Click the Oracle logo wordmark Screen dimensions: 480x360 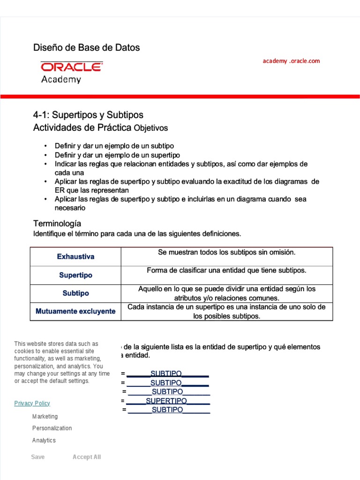72,67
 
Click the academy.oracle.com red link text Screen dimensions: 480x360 291,61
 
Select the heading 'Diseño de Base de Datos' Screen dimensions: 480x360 86,47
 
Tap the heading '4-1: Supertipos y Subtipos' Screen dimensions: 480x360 88,115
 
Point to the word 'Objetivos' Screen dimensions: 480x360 150,128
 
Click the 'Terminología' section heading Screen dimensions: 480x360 57,223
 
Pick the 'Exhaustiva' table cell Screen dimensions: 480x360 75,256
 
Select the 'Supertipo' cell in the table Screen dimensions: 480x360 75,275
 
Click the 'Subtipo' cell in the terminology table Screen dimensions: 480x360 75,293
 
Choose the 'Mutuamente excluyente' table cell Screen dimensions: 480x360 75,311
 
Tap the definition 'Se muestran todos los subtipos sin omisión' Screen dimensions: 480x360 227,252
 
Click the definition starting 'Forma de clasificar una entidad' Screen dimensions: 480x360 227,270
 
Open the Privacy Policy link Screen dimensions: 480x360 32,403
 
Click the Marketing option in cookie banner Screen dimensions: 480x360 45,416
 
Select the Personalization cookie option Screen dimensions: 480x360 52,428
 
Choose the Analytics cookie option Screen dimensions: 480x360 44,440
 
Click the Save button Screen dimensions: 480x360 38,457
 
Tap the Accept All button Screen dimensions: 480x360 87,457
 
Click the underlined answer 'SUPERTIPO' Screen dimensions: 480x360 166,401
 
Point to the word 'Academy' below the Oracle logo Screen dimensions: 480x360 61,79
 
